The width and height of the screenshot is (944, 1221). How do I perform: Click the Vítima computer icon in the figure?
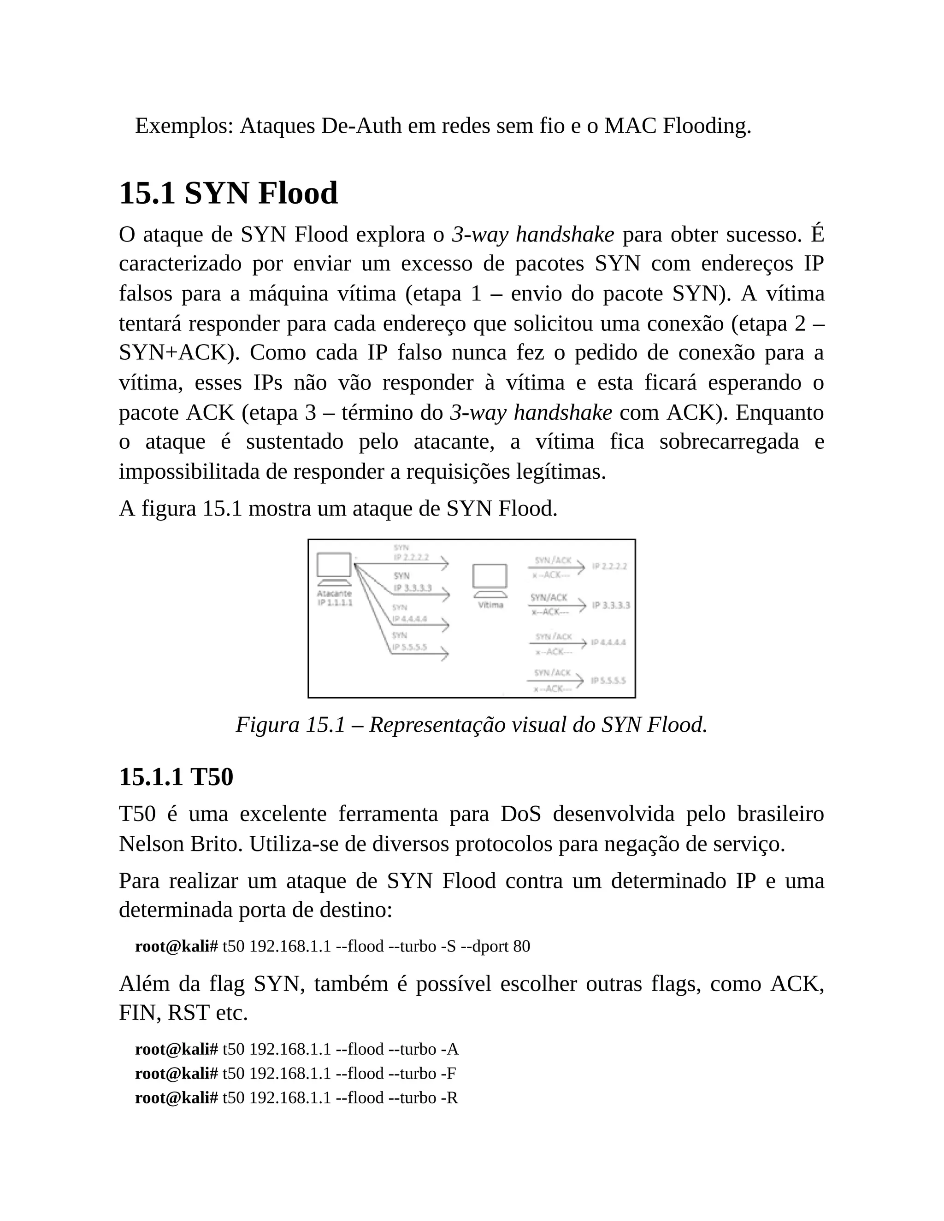tap(490, 579)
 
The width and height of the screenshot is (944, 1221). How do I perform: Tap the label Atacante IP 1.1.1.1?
tap(335, 598)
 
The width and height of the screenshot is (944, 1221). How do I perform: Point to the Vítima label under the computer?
tap(490, 605)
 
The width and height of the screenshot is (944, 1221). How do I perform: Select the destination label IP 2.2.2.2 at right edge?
tap(609, 566)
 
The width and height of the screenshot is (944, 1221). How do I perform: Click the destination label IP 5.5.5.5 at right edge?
tap(608, 681)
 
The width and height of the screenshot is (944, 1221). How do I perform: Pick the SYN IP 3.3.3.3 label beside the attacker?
tap(412, 582)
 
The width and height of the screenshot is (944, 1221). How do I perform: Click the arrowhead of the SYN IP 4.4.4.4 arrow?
tap(445, 626)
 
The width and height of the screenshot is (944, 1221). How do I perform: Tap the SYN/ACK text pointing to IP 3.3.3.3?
tap(549, 598)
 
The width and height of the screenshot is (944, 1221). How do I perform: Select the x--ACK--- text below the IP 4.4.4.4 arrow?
tap(553, 652)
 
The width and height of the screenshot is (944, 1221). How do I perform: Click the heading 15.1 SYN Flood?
tap(228, 194)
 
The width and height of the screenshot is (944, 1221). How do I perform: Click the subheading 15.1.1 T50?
tap(176, 777)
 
